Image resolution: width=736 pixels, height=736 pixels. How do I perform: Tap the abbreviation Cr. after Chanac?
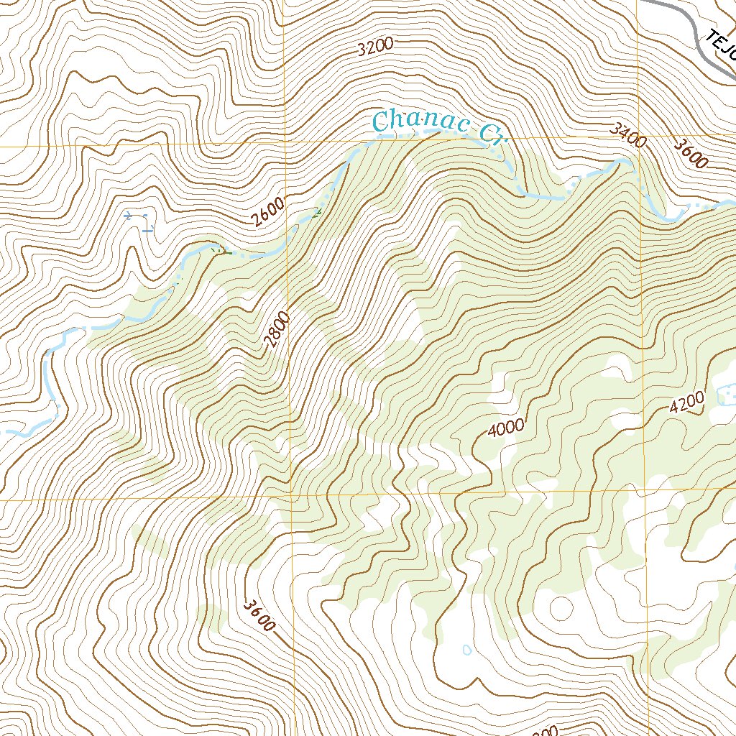point(492,132)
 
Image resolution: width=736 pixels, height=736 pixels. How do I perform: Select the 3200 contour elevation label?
point(375,47)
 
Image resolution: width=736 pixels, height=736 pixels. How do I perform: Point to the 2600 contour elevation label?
point(268,212)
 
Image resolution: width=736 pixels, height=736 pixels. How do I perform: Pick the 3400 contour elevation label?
point(627,134)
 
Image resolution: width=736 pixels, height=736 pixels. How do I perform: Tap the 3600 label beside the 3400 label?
point(691,153)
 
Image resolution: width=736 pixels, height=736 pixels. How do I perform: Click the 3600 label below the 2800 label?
point(259,615)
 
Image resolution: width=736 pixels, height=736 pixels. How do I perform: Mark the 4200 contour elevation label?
point(686,404)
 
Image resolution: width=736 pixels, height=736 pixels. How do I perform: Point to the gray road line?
point(690,29)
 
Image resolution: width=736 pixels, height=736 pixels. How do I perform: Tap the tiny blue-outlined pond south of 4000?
point(467,650)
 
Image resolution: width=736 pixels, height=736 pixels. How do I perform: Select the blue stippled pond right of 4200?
point(727,395)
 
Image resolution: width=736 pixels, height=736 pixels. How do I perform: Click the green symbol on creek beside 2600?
point(316,211)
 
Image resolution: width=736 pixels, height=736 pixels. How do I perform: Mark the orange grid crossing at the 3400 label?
point(638,137)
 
